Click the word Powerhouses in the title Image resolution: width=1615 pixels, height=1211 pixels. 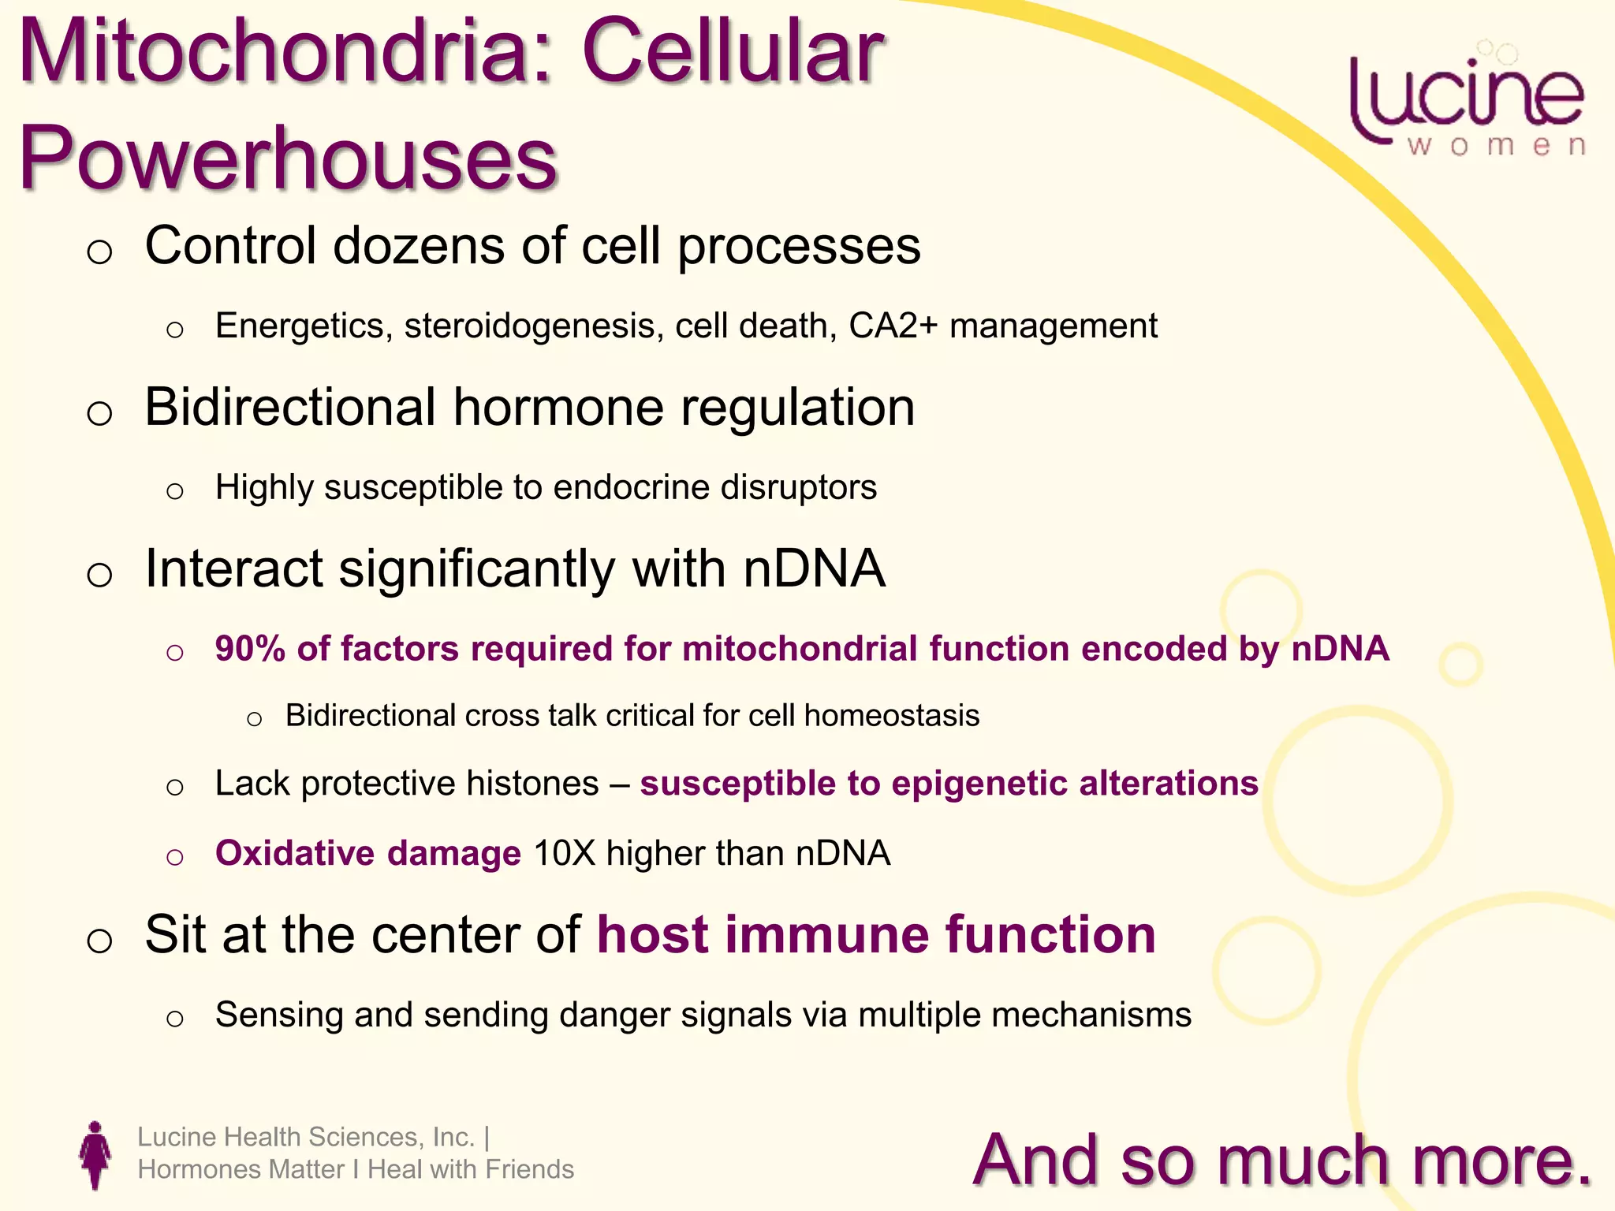288,158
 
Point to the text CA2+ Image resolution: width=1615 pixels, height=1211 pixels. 893,326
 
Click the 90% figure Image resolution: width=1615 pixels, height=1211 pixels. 249,649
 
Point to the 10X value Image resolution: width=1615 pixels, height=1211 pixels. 564,854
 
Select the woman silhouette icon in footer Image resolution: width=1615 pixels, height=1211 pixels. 95,1155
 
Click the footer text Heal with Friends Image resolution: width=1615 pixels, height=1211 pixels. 471,1169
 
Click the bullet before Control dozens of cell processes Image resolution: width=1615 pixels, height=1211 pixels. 99,252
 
